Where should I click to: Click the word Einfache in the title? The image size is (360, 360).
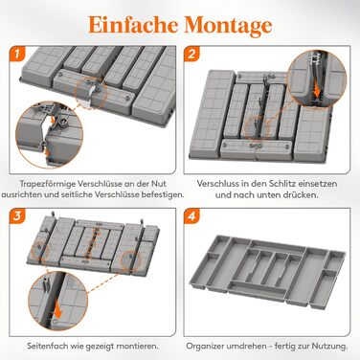pos(133,25)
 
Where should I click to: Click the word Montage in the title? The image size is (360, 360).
pos(229,26)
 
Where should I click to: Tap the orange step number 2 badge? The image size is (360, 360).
pos(191,54)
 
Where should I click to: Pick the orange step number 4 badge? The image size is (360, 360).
pos(191,215)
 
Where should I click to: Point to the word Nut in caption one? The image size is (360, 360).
pos(160,184)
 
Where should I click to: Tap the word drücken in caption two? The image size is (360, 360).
pos(301,194)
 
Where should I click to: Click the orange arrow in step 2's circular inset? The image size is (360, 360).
pos(317,89)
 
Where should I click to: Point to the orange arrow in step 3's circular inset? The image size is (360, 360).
pos(57,308)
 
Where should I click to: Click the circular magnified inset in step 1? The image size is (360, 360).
pos(49,134)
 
